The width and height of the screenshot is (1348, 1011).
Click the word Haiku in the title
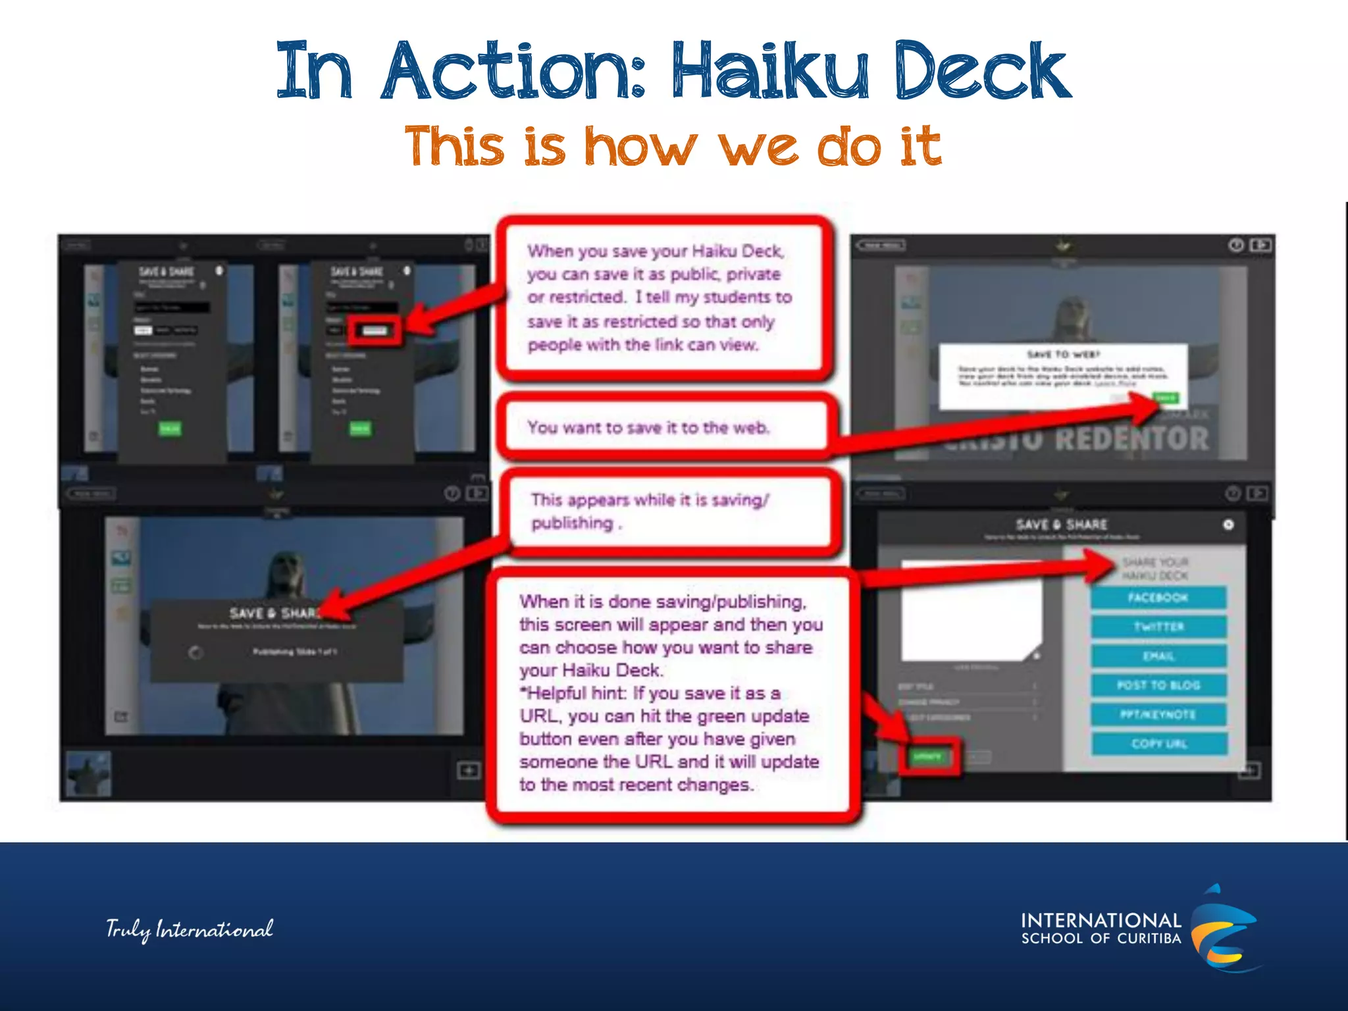click(770, 71)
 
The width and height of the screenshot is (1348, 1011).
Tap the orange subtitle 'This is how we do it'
click(673, 146)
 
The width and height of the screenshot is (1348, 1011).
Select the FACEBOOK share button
click(1158, 598)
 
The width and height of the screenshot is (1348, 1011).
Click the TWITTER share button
click(1158, 627)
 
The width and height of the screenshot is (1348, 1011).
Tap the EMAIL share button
click(1158, 656)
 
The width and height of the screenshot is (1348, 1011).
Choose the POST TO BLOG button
click(1158, 685)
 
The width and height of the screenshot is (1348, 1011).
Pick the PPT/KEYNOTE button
click(1158, 715)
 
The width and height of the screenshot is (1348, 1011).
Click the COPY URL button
click(1158, 744)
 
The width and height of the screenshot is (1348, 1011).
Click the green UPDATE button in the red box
click(927, 756)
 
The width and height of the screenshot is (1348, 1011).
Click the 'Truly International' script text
click(190, 929)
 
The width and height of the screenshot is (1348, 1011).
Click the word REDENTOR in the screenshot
click(1132, 439)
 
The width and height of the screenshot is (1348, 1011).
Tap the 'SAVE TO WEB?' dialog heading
click(1063, 354)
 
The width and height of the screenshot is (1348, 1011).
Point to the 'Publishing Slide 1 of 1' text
click(294, 652)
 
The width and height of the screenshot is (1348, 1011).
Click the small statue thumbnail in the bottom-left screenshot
click(89, 774)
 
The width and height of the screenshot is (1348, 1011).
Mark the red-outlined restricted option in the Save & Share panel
click(375, 330)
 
